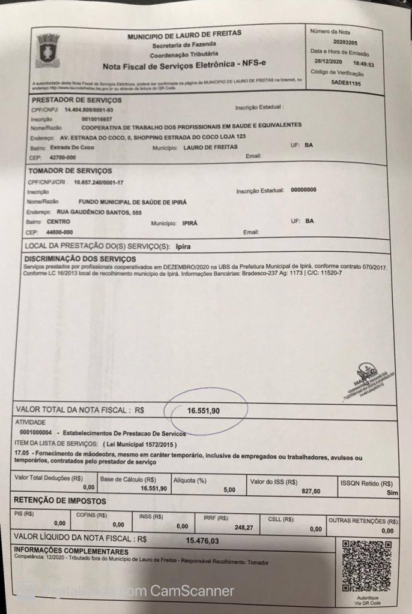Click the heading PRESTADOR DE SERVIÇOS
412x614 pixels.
click(76, 100)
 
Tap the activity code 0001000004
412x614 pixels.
click(39, 432)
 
